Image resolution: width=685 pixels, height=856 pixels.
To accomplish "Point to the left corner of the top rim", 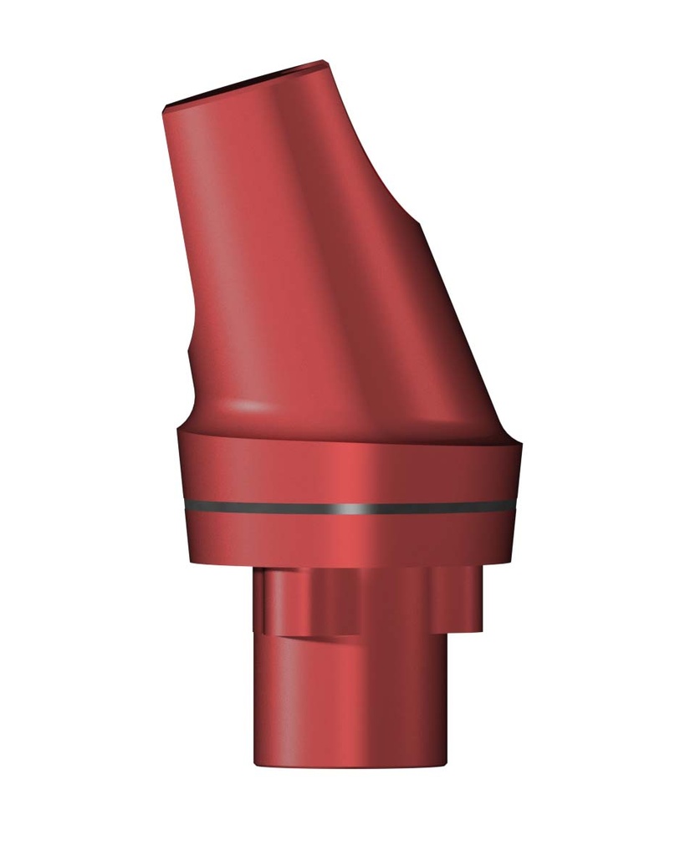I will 165,106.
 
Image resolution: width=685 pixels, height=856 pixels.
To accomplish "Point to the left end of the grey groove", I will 181,505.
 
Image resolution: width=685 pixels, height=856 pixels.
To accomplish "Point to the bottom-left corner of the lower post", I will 256,762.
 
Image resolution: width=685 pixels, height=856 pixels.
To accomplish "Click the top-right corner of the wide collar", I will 520,442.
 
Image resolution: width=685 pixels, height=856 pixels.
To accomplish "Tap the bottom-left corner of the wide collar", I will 192,561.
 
